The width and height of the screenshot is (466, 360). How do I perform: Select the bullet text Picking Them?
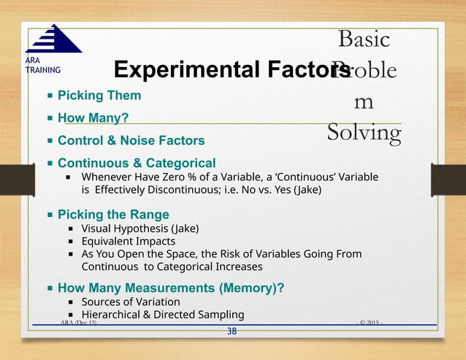(x=99, y=96)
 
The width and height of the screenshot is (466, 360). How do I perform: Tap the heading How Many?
(x=94, y=118)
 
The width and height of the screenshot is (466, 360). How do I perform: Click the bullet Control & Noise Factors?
(x=131, y=140)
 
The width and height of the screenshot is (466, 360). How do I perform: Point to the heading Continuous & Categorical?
(x=137, y=163)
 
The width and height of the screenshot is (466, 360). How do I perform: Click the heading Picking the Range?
(x=113, y=215)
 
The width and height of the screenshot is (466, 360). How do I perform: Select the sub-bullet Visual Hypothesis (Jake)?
(x=140, y=228)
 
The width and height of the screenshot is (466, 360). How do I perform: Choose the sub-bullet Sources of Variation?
(x=130, y=302)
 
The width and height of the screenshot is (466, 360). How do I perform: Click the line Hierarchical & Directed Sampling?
(x=162, y=315)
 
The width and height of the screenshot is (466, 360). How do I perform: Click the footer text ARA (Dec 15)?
(x=75, y=322)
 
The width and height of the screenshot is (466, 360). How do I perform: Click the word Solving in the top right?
(x=364, y=134)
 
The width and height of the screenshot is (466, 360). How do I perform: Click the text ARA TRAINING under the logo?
(x=38, y=66)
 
